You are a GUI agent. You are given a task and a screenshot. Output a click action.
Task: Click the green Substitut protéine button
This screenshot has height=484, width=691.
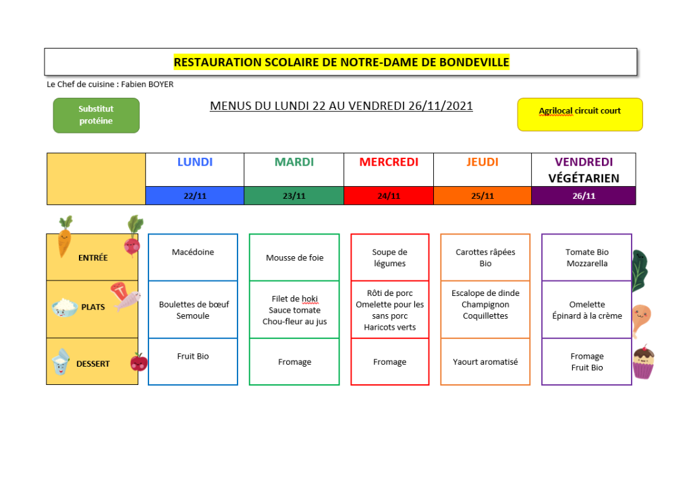pos(96,115)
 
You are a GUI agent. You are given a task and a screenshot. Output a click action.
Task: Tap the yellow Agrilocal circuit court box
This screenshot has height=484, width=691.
pos(580,115)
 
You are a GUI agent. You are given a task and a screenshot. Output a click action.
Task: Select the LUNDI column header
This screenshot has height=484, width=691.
pos(195,162)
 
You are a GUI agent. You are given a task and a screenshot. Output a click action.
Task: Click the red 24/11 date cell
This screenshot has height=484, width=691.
pos(389,195)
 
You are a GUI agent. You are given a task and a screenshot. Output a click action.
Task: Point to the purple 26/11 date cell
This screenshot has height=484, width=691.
pos(584,195)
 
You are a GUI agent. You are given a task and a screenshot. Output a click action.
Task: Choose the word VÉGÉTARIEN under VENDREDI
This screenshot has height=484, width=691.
pos(584,179)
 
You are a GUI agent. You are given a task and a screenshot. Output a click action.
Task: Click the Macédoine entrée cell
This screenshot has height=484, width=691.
pos(193,258)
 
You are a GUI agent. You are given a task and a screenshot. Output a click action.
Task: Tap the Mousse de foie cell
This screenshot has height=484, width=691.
pos(294,258)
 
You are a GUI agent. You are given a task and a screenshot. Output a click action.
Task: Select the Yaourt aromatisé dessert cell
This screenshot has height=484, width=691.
pos(485,361)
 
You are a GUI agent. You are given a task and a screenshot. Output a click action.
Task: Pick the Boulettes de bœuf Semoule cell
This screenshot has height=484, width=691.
pos(193,309)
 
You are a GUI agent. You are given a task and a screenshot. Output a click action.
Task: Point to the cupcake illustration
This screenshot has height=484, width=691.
pos(643,362)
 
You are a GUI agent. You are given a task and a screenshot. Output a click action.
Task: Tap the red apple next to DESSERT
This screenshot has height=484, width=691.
pos(139,361)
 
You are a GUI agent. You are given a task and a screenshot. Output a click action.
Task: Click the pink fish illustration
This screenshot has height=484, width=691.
pos(128,301)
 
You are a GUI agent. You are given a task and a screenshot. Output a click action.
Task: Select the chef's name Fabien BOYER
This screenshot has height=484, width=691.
pos(147,84)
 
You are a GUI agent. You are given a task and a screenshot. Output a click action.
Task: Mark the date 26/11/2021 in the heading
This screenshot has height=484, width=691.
pos(440,106)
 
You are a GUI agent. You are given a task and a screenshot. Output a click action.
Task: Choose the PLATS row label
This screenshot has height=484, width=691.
pos(93,307)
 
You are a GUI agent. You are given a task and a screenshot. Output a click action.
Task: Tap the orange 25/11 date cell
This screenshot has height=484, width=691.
pos(482,195)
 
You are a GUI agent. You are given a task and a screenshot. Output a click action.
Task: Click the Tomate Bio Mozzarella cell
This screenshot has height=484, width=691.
pos(587,258)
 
